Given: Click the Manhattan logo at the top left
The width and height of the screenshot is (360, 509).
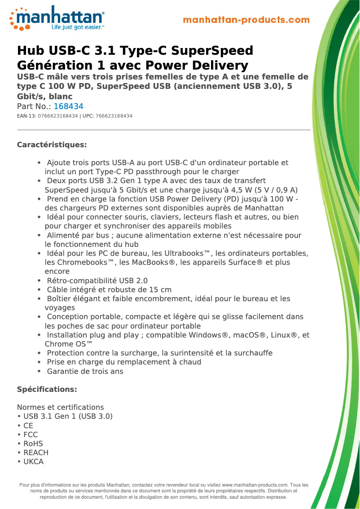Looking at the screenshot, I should [57, 18].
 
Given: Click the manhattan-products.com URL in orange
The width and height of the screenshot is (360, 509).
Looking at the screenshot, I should [246, 20].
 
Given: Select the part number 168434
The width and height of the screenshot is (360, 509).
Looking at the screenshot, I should [68, 106].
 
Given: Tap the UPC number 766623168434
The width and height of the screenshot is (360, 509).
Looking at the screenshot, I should [114, 116].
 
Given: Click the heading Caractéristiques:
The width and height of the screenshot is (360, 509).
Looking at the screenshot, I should [52, 145].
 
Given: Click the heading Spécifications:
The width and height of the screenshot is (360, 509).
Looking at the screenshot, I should [47, 389].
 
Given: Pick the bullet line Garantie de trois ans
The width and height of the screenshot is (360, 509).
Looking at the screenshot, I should [85, 371].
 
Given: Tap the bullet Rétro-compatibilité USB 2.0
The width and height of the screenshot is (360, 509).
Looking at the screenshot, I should [97, 281].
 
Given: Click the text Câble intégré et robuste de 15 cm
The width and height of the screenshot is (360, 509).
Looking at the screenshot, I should [109, 290].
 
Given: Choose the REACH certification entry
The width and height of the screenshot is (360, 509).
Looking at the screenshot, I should [35, 452].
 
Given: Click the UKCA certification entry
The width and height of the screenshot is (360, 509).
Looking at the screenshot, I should [33, 461].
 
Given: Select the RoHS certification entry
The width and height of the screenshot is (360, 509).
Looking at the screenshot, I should [33, 443].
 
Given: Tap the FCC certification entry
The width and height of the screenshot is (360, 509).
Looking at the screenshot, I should [31, 434].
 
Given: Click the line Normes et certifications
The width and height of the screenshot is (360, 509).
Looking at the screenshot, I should [60, 407].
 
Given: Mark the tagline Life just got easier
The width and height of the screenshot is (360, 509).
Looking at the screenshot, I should [78, 27].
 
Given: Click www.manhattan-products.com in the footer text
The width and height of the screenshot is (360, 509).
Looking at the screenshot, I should [255, 485].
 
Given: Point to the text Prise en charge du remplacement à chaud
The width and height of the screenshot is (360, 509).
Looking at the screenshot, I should [124, 362].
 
